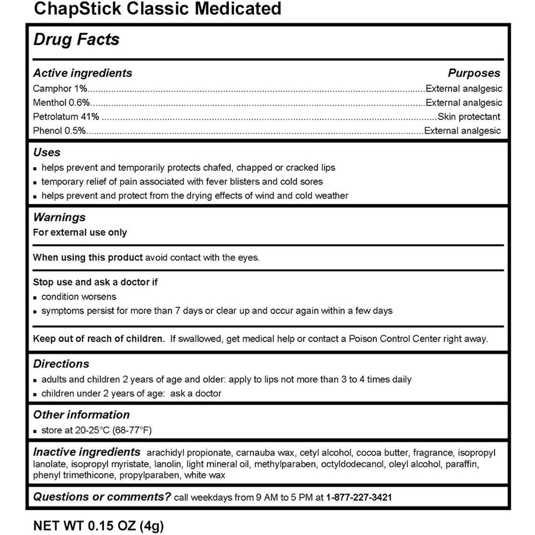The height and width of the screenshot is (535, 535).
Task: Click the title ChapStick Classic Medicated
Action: coord(158,9)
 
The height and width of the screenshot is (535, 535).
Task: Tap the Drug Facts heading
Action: coord(76,40)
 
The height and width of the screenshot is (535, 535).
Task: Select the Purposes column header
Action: coord(474,73)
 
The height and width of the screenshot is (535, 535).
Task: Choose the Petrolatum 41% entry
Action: coord(66,117)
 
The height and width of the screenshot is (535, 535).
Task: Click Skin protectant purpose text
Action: coord(469,117)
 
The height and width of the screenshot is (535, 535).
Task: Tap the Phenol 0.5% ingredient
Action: coord(60,131)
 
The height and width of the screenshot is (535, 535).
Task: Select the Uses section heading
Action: coord(46,153)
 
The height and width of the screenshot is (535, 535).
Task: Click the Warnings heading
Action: coord(59,218)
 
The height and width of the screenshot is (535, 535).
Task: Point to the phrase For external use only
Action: coord(80,232)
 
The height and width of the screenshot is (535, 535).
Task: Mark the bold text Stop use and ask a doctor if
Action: coord(96,282)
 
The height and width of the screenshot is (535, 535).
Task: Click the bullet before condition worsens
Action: coord(36,297)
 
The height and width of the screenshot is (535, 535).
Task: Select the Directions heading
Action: coord(61,364)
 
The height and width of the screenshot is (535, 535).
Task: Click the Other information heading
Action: coord(81,415)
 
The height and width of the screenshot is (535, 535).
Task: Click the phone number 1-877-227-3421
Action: coord(358,497)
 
